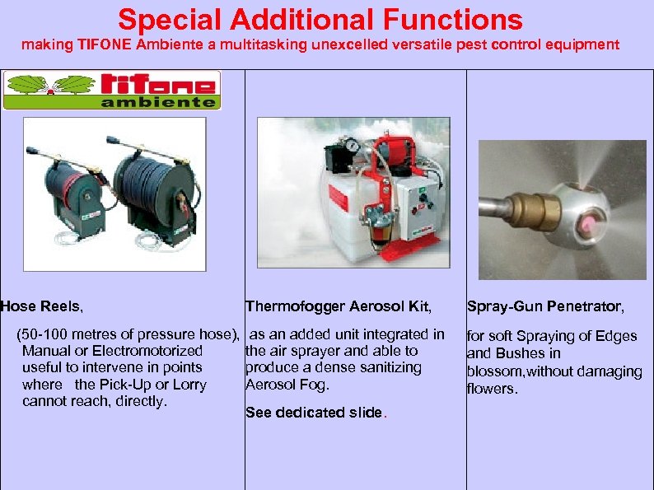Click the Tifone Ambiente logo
pos(112,90)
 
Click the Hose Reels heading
pos(42,306)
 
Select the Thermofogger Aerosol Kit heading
pos(338,307)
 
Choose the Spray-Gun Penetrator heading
pos(545,307)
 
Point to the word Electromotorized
pos(154,352)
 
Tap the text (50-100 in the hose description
pos(44,334)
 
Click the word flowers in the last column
pos(492,389)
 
